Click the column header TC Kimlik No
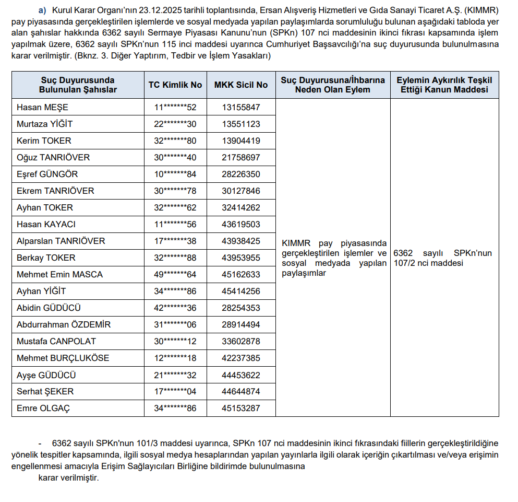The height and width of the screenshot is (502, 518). click(x=175, y=85)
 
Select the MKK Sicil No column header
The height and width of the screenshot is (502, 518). click(x=241, y=85)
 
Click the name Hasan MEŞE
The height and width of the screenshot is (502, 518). click(x=42, y=108)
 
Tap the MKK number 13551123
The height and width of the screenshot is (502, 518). click(x=241, y=124)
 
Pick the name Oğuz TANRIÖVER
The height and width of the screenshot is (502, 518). click(x=53, y=158)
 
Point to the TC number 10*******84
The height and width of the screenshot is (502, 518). click(x=175, y=174)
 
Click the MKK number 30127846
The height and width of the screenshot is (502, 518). click(x=241, y=191)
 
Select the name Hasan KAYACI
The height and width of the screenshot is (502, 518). click(x=46, y=225)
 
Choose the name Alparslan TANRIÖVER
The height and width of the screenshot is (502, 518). click(x=61, y=241)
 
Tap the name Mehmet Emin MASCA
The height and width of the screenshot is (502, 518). click(x=59, y=275)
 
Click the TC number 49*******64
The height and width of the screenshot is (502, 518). click(x=175, y=275)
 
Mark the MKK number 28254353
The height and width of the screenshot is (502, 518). click(x=241, y=308)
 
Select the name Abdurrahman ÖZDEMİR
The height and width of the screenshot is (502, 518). click(x=64, y=325)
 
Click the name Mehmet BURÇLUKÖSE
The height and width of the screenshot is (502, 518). click(x=63, y=358)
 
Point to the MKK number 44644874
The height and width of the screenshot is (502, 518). click(x=241, y=392)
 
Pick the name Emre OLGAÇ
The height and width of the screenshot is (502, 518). click(x=43, y=408)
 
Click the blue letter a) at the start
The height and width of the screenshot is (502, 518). click(x=42, y=10)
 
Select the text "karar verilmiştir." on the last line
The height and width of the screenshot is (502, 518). click(x=68, y=477)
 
